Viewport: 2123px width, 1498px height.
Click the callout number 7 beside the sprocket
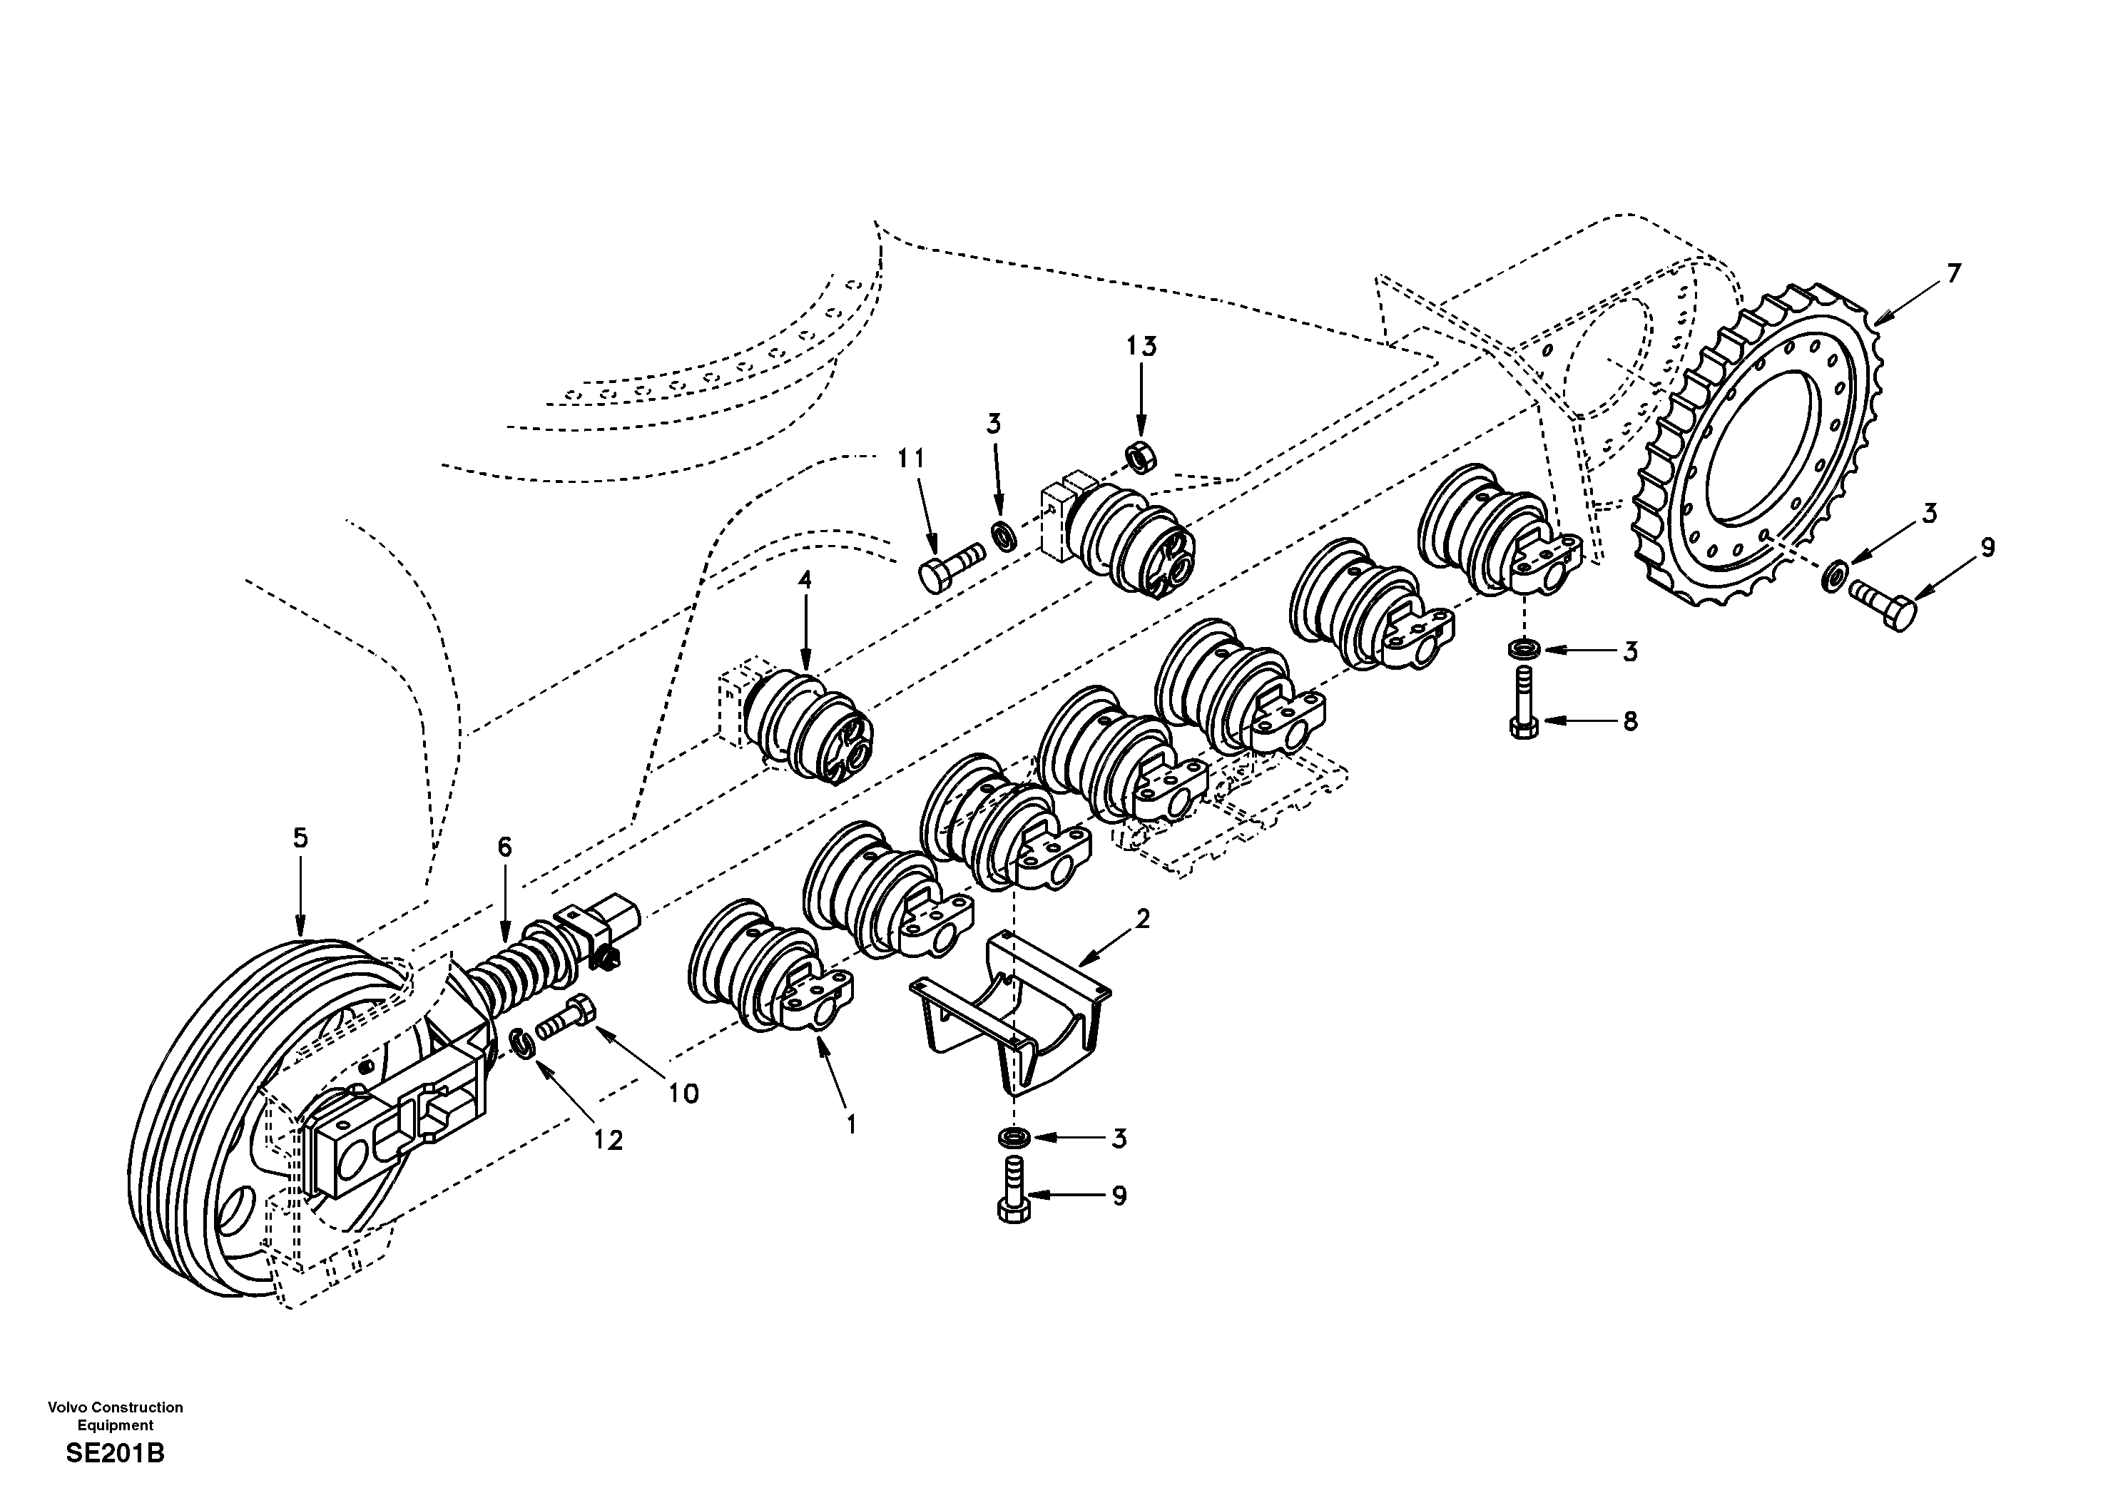click(1954, 274)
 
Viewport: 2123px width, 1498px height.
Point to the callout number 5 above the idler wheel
click(300, 839)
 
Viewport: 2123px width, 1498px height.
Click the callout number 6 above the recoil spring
click(504, 847)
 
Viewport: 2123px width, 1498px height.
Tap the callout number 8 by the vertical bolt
click(1630, 721)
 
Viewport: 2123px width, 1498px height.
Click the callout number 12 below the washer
click(609, 1141)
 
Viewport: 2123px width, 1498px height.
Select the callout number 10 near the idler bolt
click(684, 1094)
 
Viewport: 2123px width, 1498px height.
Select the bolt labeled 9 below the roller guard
click(1014, 1192)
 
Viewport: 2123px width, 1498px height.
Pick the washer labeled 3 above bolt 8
click(1524, 648)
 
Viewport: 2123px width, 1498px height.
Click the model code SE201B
click(115, 1454)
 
